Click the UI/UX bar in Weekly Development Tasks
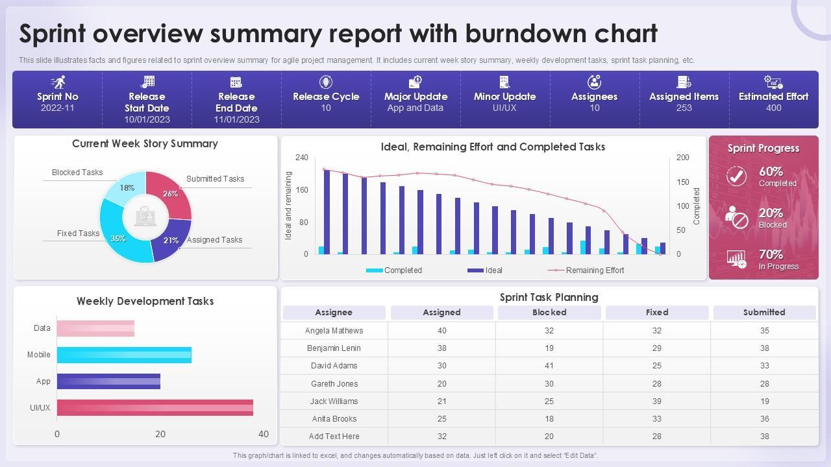pos(155,408)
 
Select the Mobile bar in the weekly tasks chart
pos(124,355)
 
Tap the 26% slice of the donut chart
pos(173,193)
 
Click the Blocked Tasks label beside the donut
pos(77,173)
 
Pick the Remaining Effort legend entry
pos(595,270)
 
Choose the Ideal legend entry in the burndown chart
pos(493,270)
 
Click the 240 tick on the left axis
pos(301,158)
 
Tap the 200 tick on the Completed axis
pos(683,158)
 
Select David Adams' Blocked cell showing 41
pos(549,366)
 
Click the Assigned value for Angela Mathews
pos(441,331)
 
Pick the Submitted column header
pos(764,313)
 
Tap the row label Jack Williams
pos(334,401)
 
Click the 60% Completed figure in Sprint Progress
pos(771,172)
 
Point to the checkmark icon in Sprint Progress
pos(736,176)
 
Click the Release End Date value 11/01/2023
pos(236,119)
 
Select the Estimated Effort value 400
pos(773,108)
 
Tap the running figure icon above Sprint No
pos(58,82)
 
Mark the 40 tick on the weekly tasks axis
pos(263,434)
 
